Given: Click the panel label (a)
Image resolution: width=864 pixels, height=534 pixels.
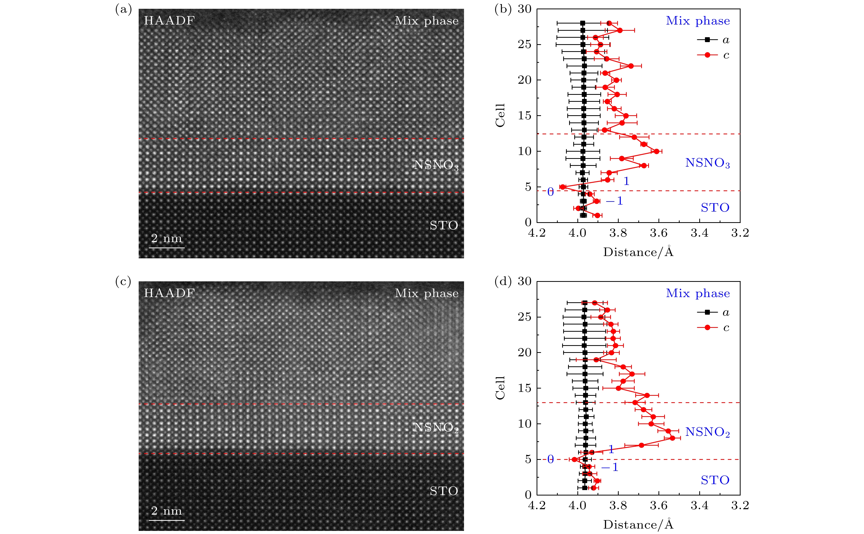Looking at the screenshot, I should pyautogui.click(x=123, y=10).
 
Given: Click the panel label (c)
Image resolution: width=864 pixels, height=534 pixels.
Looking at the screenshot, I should pyautogui.click(x=123, y=282).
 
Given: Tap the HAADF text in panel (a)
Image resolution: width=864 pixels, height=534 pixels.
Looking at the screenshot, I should pyautogui.click(x=169, y=21).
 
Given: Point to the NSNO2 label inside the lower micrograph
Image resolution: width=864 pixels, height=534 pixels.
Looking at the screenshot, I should pyautogui.click(x=436, y=428).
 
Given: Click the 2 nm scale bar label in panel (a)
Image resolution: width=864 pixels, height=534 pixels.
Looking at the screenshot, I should pyautogui.click(x=166, y=238).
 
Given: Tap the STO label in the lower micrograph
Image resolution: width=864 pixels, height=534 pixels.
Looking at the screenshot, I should pyautogui.click(x=444, y=491).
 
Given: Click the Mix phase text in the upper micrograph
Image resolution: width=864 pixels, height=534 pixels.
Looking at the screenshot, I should pyautogui.click(x=426, y=21).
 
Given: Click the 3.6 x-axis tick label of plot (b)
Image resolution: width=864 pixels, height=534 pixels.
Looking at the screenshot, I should pyautogui.click(x=659, y=233).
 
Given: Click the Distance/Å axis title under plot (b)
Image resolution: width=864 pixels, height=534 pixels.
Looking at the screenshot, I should pyautogui.click(x=638, y=252).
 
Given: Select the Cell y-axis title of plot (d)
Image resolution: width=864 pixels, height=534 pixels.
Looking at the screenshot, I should pyautogui.click(x=500, y=388).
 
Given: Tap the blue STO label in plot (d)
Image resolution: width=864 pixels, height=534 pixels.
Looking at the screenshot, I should pyautogui.click(x=715, y=480).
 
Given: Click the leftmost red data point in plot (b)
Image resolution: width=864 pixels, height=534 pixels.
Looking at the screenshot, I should pyautogui.click(x=563, y=187).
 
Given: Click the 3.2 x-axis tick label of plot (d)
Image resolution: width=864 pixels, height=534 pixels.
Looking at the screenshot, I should pyautogui.click(x=740, y=505).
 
